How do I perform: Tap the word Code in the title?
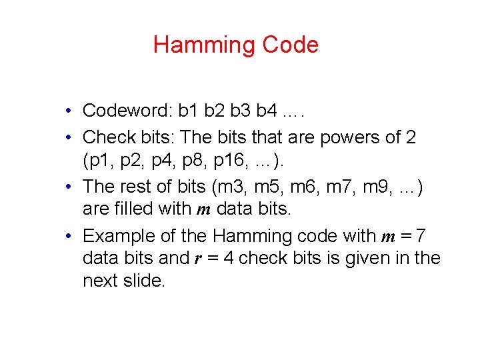(290, 45)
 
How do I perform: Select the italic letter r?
(198, 259)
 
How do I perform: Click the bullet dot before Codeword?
(69, 111)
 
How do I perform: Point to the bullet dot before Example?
(69, 237)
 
